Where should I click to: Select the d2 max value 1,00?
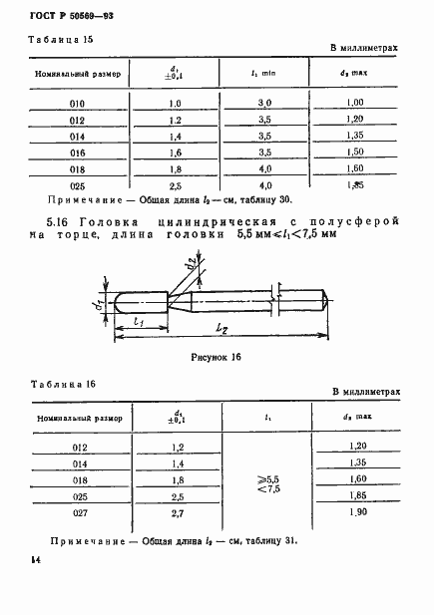(x=353, y=103)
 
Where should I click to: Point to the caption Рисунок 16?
(x=217, y=356)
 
